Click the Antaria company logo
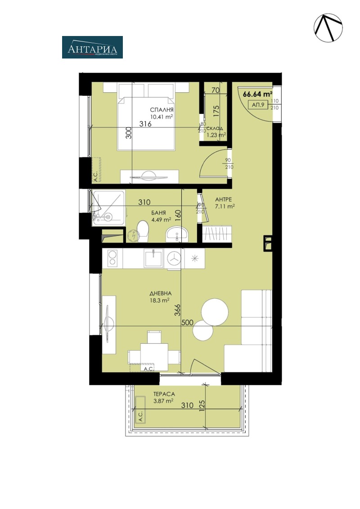[92, 47]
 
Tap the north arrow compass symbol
[328, 27]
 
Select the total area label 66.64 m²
[258, 95]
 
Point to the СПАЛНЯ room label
[162, 110]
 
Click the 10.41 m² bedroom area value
[162, 117]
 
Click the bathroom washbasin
[178, 234]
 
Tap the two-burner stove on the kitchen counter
[112, 258]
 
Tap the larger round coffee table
[215, 311]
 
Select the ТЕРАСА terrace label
[163, 394]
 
